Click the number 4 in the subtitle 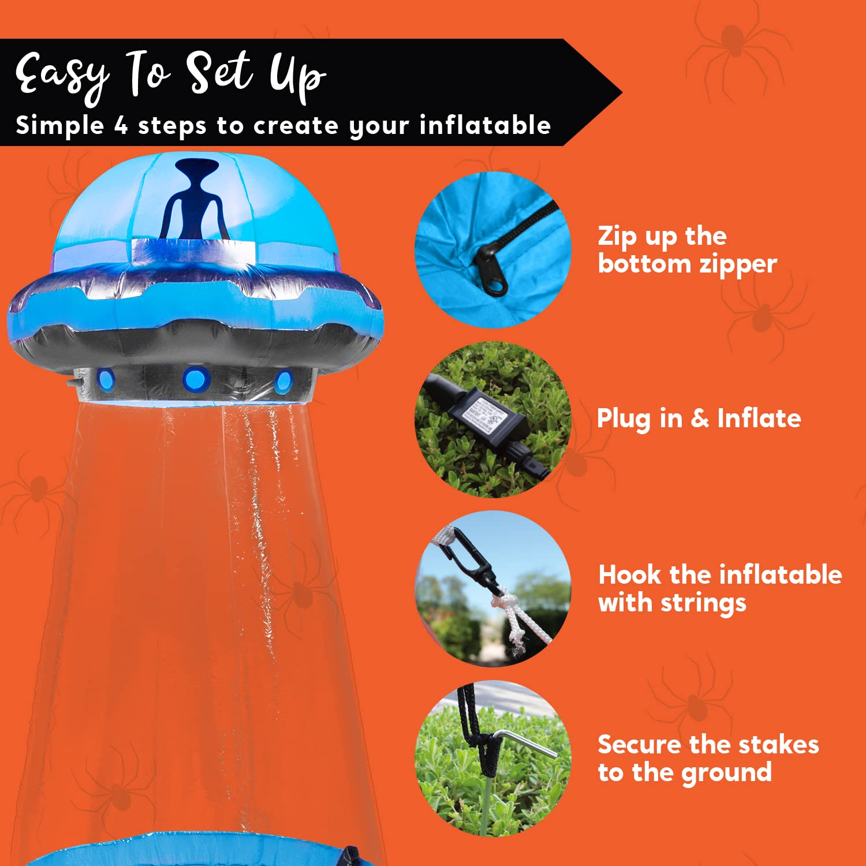tap(121, 125)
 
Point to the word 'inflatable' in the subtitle tap(485, 125)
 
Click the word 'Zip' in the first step tap(617, 236)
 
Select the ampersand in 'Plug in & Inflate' tap(700, 418)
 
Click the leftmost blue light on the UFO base tap(106, 378)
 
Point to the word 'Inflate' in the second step tap(759, 418)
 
